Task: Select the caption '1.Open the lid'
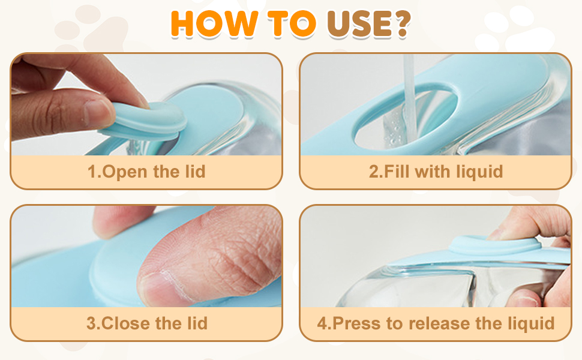click(x=146, y=172)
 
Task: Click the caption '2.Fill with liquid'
click(x=436, y=172)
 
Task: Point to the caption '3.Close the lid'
click(x=146, y=323)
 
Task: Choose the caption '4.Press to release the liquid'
click(x=436, y=323)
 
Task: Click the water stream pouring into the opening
click(x=410, y=90)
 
